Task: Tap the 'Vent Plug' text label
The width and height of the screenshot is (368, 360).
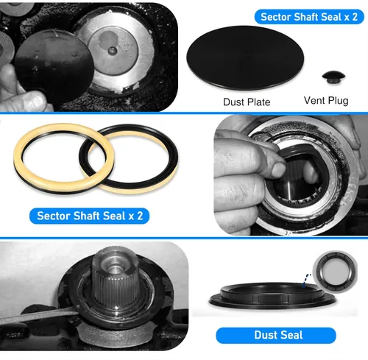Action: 326,101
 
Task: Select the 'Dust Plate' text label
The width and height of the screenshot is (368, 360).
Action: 247,102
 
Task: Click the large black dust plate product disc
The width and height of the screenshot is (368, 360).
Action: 245,57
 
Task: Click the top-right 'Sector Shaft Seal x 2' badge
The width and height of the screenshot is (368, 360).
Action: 309,17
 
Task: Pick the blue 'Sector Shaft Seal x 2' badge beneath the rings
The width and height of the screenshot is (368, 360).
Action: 90,216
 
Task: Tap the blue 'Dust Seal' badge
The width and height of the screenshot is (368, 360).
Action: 276,335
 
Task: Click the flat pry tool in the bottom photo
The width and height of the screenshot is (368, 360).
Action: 38,316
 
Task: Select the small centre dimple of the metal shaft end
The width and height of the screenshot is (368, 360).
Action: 113,51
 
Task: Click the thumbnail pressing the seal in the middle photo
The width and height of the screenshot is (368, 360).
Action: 279,169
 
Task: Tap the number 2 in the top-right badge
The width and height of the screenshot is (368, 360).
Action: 355,17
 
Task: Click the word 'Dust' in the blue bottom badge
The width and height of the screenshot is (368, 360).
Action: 264,335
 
